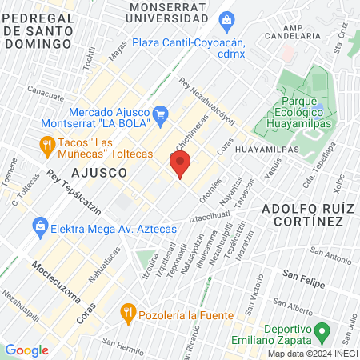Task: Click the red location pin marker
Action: pyautogui.click(x=180, y=165)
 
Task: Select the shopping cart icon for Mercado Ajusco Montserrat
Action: pyautogui.click(x=159, y=113)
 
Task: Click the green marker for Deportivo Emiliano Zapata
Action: pyautogui.click(x=322, y=330)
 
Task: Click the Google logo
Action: pyautogui.click(x=26, y=350)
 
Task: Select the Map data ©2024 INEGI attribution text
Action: pyautogui.click(x=312, y=354)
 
